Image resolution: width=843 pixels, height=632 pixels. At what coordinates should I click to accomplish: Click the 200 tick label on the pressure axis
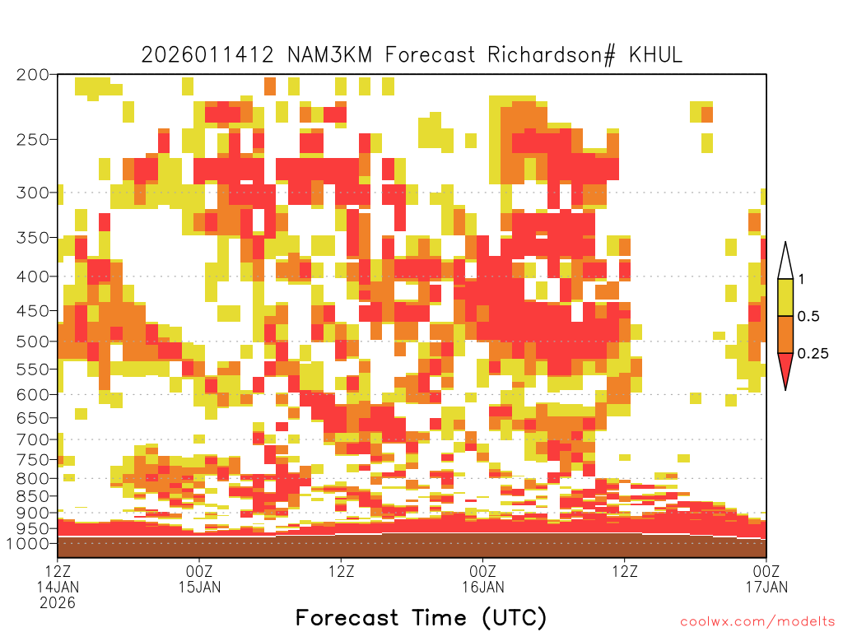click(33, 75)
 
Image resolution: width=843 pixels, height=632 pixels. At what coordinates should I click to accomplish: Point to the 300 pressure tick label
click(33, 193)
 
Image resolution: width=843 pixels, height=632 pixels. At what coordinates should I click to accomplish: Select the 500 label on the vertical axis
click(33, 342)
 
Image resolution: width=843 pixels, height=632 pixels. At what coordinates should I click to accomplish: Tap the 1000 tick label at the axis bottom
click(28, 543)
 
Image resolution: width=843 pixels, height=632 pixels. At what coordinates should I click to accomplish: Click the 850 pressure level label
click(33, 496)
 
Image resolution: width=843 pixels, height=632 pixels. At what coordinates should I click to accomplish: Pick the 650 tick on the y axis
click(33, 417)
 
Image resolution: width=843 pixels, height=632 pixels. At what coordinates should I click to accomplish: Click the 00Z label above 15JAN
click(199, 571)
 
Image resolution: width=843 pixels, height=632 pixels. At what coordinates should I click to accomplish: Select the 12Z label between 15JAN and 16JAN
click(342, 571)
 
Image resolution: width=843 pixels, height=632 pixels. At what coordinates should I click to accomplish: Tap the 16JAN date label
click(482, 587)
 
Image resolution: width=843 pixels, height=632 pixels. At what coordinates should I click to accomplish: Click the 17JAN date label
click(766, 587)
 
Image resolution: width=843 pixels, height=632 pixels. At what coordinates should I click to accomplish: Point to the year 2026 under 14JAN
click(58, 603)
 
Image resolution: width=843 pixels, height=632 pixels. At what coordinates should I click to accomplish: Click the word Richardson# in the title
click(551, 55)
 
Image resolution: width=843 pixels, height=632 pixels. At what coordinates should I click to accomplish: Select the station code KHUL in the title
click(655, 55)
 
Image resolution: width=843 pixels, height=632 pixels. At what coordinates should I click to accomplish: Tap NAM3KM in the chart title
click(329, 55)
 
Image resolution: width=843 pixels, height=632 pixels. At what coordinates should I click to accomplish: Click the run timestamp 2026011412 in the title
click(207, 55)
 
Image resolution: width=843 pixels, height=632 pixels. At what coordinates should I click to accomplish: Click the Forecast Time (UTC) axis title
click(421, 618)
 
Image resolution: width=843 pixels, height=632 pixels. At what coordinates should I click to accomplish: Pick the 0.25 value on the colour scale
click(813, 354)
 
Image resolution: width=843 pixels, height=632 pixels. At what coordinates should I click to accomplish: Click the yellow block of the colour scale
click(785, 297)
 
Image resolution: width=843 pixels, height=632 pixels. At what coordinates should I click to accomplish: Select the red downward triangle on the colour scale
click(785, 371)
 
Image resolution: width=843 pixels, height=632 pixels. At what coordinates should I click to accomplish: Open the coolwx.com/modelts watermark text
click(759, 622)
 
